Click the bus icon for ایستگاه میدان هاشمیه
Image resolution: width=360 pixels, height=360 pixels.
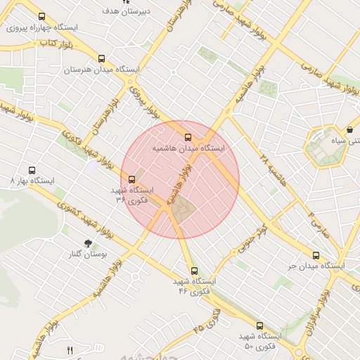tap(188, 138)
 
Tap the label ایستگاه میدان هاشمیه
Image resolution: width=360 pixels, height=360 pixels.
tap(188, 149)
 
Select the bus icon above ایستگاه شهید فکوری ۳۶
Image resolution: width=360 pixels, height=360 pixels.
tap(131, 179)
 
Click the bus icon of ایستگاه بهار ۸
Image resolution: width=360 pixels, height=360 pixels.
tap(32, 170)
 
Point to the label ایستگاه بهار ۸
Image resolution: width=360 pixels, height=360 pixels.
tap(32, 181)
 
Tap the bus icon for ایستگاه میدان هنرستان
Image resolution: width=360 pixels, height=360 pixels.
tap(103, 59)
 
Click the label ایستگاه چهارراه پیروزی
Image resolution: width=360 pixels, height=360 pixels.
tap(41, 28)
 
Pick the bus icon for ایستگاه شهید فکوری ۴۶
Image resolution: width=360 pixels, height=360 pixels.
tap(194, 271)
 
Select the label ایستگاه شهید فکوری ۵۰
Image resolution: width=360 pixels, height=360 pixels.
tap(258, 342)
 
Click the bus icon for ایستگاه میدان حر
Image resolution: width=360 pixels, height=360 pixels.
tap(316, 256)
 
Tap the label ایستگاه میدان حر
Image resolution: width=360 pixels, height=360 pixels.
tap(316, 266)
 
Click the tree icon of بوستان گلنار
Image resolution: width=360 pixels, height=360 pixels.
tap(87, 243)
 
